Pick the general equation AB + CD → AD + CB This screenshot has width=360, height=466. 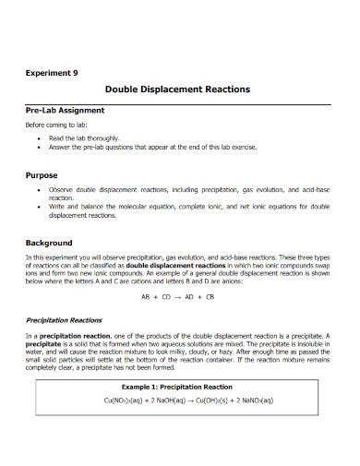pyautogui.click(x=178, y=297)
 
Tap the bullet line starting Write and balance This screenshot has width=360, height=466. pyautogui.click(x=185, y=206)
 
